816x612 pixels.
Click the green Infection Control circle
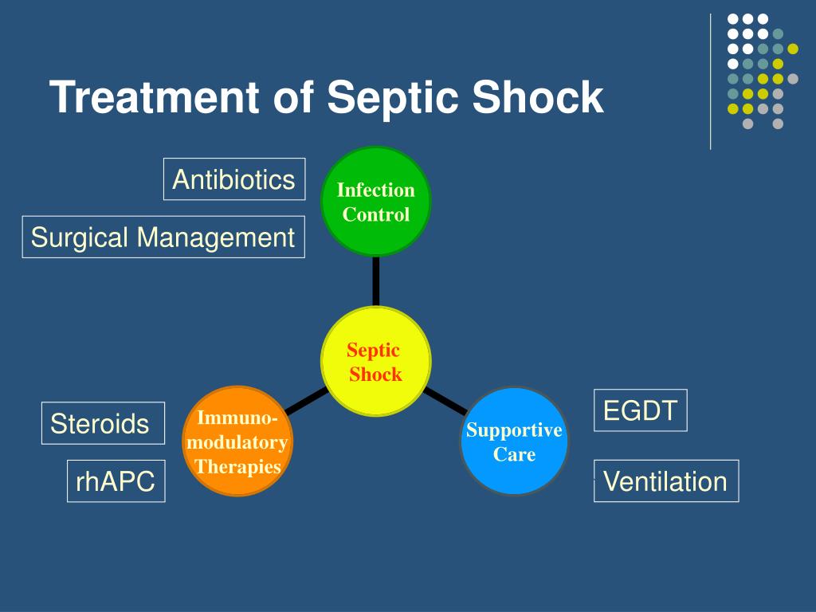coord(375,202)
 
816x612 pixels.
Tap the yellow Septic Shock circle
coord(375,362)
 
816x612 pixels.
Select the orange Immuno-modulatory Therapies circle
coord(237,441)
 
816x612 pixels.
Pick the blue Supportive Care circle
coord(514,441)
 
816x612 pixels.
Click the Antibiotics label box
coord(234,179)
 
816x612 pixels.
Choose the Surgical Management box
coord(163,237)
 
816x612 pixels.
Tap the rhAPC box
coord(116,481)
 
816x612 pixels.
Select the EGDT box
coord(640,410)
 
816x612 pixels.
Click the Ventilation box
coord(665,481)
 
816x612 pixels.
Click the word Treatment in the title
coord(155,97)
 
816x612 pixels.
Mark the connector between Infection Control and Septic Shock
coord(375,280)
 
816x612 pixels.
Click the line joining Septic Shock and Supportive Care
coord(445,400)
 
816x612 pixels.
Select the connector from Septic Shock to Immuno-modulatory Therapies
coord(306,401)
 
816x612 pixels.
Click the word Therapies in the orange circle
coord(237,467)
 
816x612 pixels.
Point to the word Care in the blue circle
coord(514,455)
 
